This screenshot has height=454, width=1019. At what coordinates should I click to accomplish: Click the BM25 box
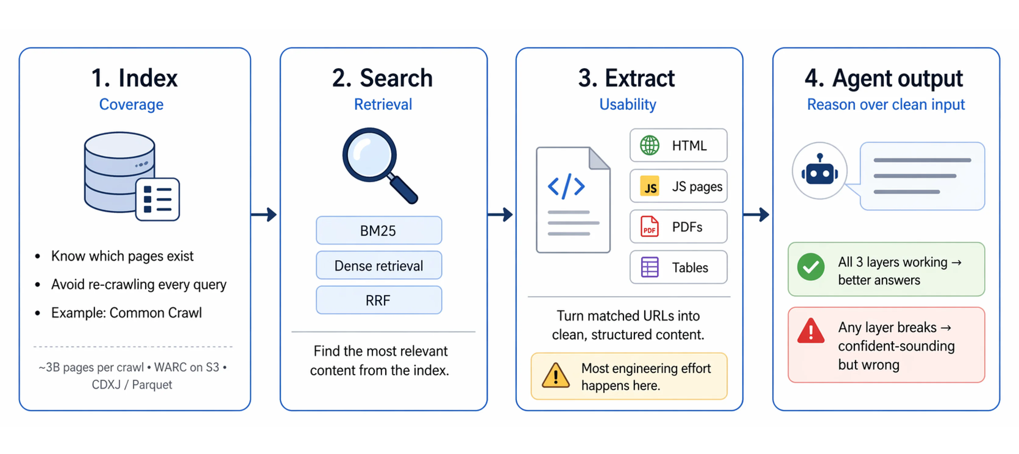[x=378, y=231]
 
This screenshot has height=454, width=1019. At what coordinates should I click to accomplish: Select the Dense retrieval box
[x=378, y=265]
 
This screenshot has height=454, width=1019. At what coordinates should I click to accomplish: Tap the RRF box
[x=378, y=300]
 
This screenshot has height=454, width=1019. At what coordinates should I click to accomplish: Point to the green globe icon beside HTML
[x=650, y=146]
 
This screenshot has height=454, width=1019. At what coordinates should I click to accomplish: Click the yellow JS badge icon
[x=650, y=186]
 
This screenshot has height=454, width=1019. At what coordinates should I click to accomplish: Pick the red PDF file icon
[x=650, y=227]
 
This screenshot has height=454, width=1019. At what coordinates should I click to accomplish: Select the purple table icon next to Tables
[x=650, y=267]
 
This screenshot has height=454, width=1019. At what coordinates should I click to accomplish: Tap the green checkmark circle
[x=811, y=267]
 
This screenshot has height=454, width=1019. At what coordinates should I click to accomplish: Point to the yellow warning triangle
[x=556, y=376]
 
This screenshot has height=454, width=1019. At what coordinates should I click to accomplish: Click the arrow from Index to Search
[x=264, y=215]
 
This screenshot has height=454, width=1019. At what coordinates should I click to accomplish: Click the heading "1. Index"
[x=134, y=78]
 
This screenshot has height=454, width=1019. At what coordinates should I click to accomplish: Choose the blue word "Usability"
[x=628, y=105]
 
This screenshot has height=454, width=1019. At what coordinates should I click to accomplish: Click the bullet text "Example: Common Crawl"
[x=126, y=313]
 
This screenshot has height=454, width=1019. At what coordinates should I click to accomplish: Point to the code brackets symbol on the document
[x=566, y=186]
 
